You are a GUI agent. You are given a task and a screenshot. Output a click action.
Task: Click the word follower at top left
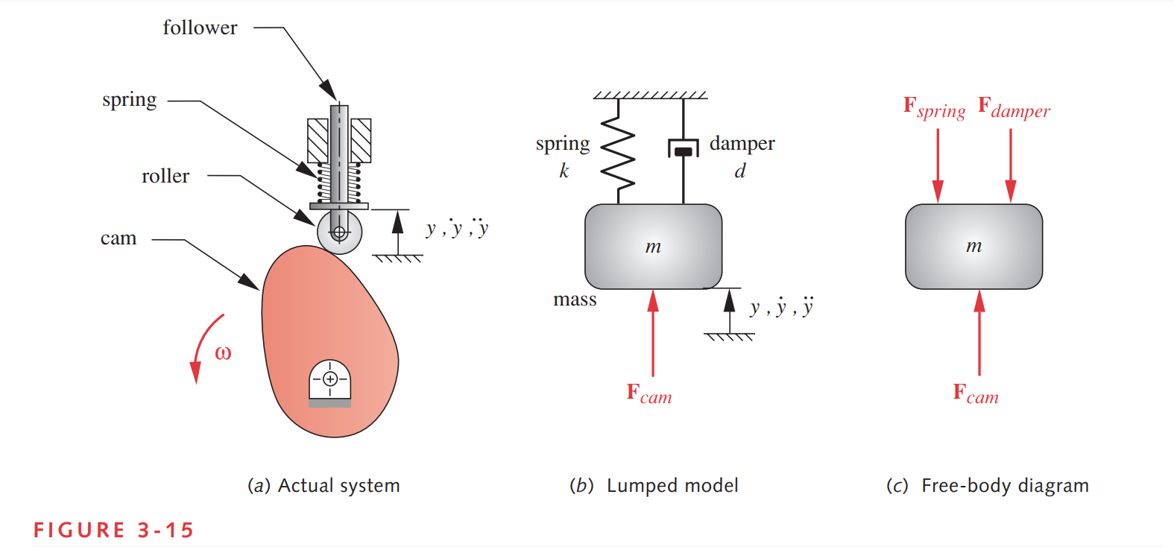point(200,28)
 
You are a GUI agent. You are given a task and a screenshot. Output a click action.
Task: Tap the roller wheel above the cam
point(339,233)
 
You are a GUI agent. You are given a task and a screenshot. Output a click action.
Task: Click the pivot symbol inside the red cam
point(330,380)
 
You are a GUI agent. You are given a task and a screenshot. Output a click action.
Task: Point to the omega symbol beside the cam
point(223,353)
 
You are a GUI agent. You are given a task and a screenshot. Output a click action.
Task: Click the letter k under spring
point(564,171)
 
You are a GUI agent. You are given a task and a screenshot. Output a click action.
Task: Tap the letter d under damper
point(739,171)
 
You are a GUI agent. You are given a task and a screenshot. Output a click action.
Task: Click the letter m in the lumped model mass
point(653,247)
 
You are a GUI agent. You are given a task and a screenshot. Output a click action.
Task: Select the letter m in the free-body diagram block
point(973,247)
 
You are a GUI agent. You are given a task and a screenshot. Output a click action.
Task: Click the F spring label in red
point(934,108)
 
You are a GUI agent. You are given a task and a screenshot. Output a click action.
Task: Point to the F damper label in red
point(1014,108)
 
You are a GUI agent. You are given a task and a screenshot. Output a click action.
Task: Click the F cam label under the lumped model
point(649,393)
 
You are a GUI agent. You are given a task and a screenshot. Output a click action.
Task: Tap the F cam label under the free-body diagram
point(976,393)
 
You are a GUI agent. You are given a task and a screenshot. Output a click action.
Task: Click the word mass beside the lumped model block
point(575,300)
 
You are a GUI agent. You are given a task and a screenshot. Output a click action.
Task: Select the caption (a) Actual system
point(324,486)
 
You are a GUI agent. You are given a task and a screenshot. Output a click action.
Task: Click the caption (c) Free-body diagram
point(987,486)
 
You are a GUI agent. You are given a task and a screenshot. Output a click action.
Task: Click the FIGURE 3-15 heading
point(113,530)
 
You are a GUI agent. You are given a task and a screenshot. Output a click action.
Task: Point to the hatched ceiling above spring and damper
point(650,95)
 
